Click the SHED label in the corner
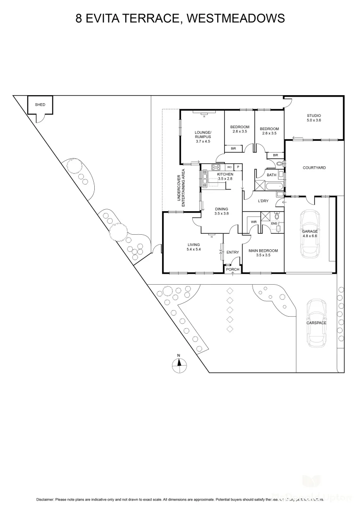pyautogui.click(x=41, y=105)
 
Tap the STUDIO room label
pyautogui.click(x=313, y=115)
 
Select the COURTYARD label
pyautogui.click(x=314, y=168)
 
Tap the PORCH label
pyautogui.click(x=233, y=270)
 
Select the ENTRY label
pyautogui.click(x=233, y=253)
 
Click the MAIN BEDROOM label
pyautogui.click(x=263, y=251)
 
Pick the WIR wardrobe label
pyautogui.click(x=254, y=222)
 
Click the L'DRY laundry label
pyautogui.click(x=263, y=201)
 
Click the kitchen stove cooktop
pyautogui.click(x=216, y=167)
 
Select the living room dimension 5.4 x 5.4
pyautogui.click(x=194, y=249)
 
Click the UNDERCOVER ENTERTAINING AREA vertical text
pyautogui.click(x=181, y=185)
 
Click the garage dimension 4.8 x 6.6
pyautogui.click(x=310, y=237)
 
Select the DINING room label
pyautogui.click(x=221, y=209)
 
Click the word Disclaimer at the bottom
pyautogui.click(x=45, y=499)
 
